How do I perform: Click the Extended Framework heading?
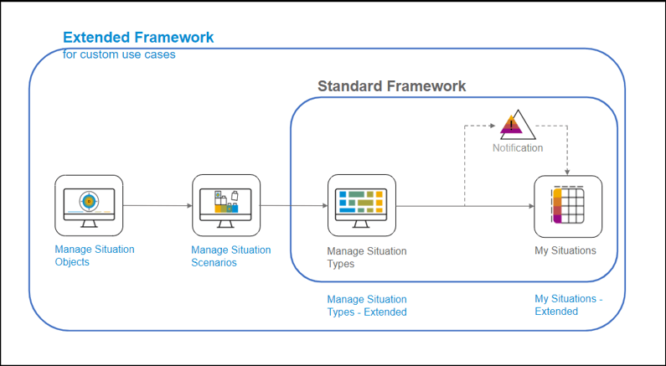click(x=138, y=38)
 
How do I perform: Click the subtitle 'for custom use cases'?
click(x=119, y=54)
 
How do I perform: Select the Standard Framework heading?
click(x=391, y=86)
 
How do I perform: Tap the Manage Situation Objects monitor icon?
click(x=89, y=205)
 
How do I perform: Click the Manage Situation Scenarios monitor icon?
click(x=225, y=205)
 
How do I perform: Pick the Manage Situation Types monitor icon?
click(x=361, y=205)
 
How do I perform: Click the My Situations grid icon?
click(x=568, y=205)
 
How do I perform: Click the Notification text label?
click(x=517, y=148)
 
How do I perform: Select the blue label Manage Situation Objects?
click(x=95, y=255)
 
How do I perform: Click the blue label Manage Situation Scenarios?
click(x=230, y=255)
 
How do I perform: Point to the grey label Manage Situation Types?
click(x=366, y=257)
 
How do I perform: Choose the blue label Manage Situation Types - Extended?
click(x=366, y=306)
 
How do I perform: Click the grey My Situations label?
click(x=565, y=250)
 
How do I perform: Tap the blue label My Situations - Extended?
click(x=568, y=305)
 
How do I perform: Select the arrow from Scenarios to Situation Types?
click(x=293, y=205)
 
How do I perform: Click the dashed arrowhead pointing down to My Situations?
click(x=568, y=170)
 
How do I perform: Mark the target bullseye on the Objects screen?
click(x=88, y=202)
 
